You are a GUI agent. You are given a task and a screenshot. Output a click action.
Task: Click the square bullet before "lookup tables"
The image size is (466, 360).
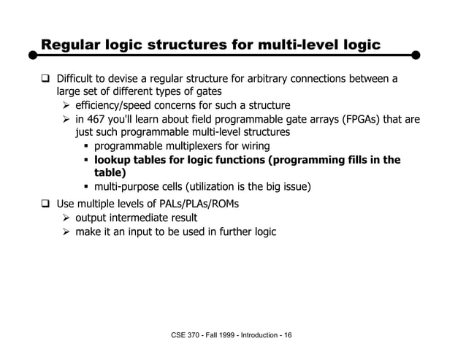point(85,160)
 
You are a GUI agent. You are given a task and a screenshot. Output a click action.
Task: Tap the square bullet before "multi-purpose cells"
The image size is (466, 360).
point(85,188)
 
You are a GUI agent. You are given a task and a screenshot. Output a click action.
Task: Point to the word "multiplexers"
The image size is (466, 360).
point(190,146)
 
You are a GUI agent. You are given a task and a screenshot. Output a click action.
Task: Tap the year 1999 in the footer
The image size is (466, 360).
point(229,335)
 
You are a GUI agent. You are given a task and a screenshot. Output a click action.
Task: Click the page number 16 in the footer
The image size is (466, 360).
point(288,335)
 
